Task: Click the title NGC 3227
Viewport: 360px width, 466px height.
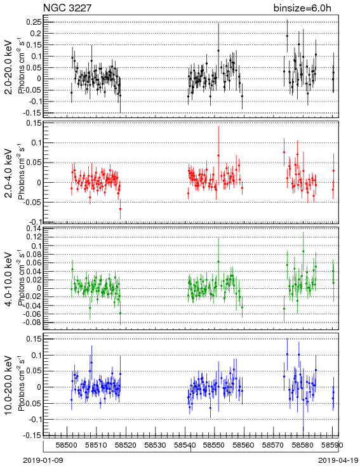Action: click(67, 8)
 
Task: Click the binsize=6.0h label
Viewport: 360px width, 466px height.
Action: click(302, 8)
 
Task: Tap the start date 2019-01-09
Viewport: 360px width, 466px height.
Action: click(43, 460)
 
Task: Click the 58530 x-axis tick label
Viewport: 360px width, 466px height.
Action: click(155, 445)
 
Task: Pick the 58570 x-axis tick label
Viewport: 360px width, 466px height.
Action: click(273, 445)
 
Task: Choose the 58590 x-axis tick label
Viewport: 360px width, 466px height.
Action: click(332, 445)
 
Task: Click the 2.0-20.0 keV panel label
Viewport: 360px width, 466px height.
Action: click(9, 67)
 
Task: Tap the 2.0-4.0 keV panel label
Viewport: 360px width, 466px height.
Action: click(9, 173)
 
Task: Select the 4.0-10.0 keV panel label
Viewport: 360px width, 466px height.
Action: click(9, 279)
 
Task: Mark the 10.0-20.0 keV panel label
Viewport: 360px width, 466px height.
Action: click(9, 385)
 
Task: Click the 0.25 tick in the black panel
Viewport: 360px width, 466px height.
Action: click(34, 22)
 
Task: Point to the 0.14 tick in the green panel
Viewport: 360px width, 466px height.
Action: click(34, 229)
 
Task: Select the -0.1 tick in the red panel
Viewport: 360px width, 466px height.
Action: click(34, 222)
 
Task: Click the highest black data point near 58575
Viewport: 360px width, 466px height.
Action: click(287, 36)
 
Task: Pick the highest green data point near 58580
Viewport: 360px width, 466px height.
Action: click(303, 251)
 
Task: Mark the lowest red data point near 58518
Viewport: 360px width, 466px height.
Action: click(121, 209)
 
